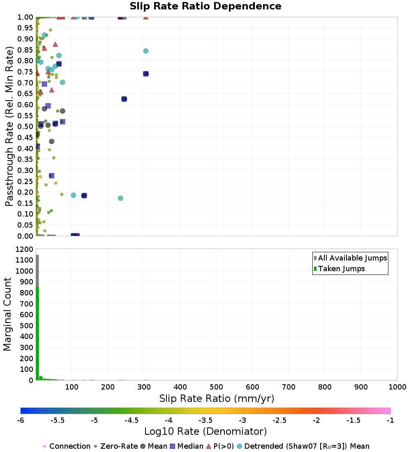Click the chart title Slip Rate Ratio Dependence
point(205,7)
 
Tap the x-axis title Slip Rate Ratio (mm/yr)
point(217,399)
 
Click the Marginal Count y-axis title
point(7,314)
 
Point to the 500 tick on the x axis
point(216,387)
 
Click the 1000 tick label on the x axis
point(397,387)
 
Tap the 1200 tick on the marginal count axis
point(24,249)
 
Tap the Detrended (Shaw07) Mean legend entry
point(307,446)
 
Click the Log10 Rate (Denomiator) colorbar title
point(205,431)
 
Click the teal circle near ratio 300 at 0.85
point(145,51)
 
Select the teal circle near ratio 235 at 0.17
point(120,198)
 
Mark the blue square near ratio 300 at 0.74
point(145,74)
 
